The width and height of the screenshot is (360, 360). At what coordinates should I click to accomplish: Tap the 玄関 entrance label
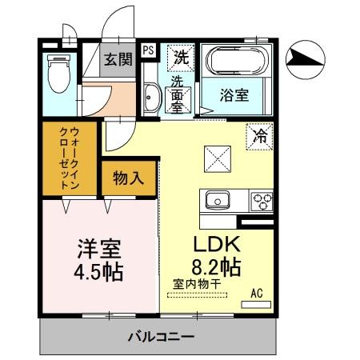120,59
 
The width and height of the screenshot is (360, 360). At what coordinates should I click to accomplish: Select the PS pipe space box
149,50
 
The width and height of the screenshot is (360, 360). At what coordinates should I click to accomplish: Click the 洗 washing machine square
180,57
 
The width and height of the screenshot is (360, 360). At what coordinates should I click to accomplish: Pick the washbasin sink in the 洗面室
152,98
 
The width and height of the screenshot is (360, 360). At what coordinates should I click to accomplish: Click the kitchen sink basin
217,200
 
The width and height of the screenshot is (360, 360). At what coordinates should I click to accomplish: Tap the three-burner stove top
261,201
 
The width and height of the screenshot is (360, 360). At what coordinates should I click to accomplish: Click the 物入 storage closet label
128,178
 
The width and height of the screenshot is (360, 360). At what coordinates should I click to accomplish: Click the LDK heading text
216,242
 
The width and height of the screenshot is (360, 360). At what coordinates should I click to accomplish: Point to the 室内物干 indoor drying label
197,283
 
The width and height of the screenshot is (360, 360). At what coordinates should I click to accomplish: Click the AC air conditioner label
258,293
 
